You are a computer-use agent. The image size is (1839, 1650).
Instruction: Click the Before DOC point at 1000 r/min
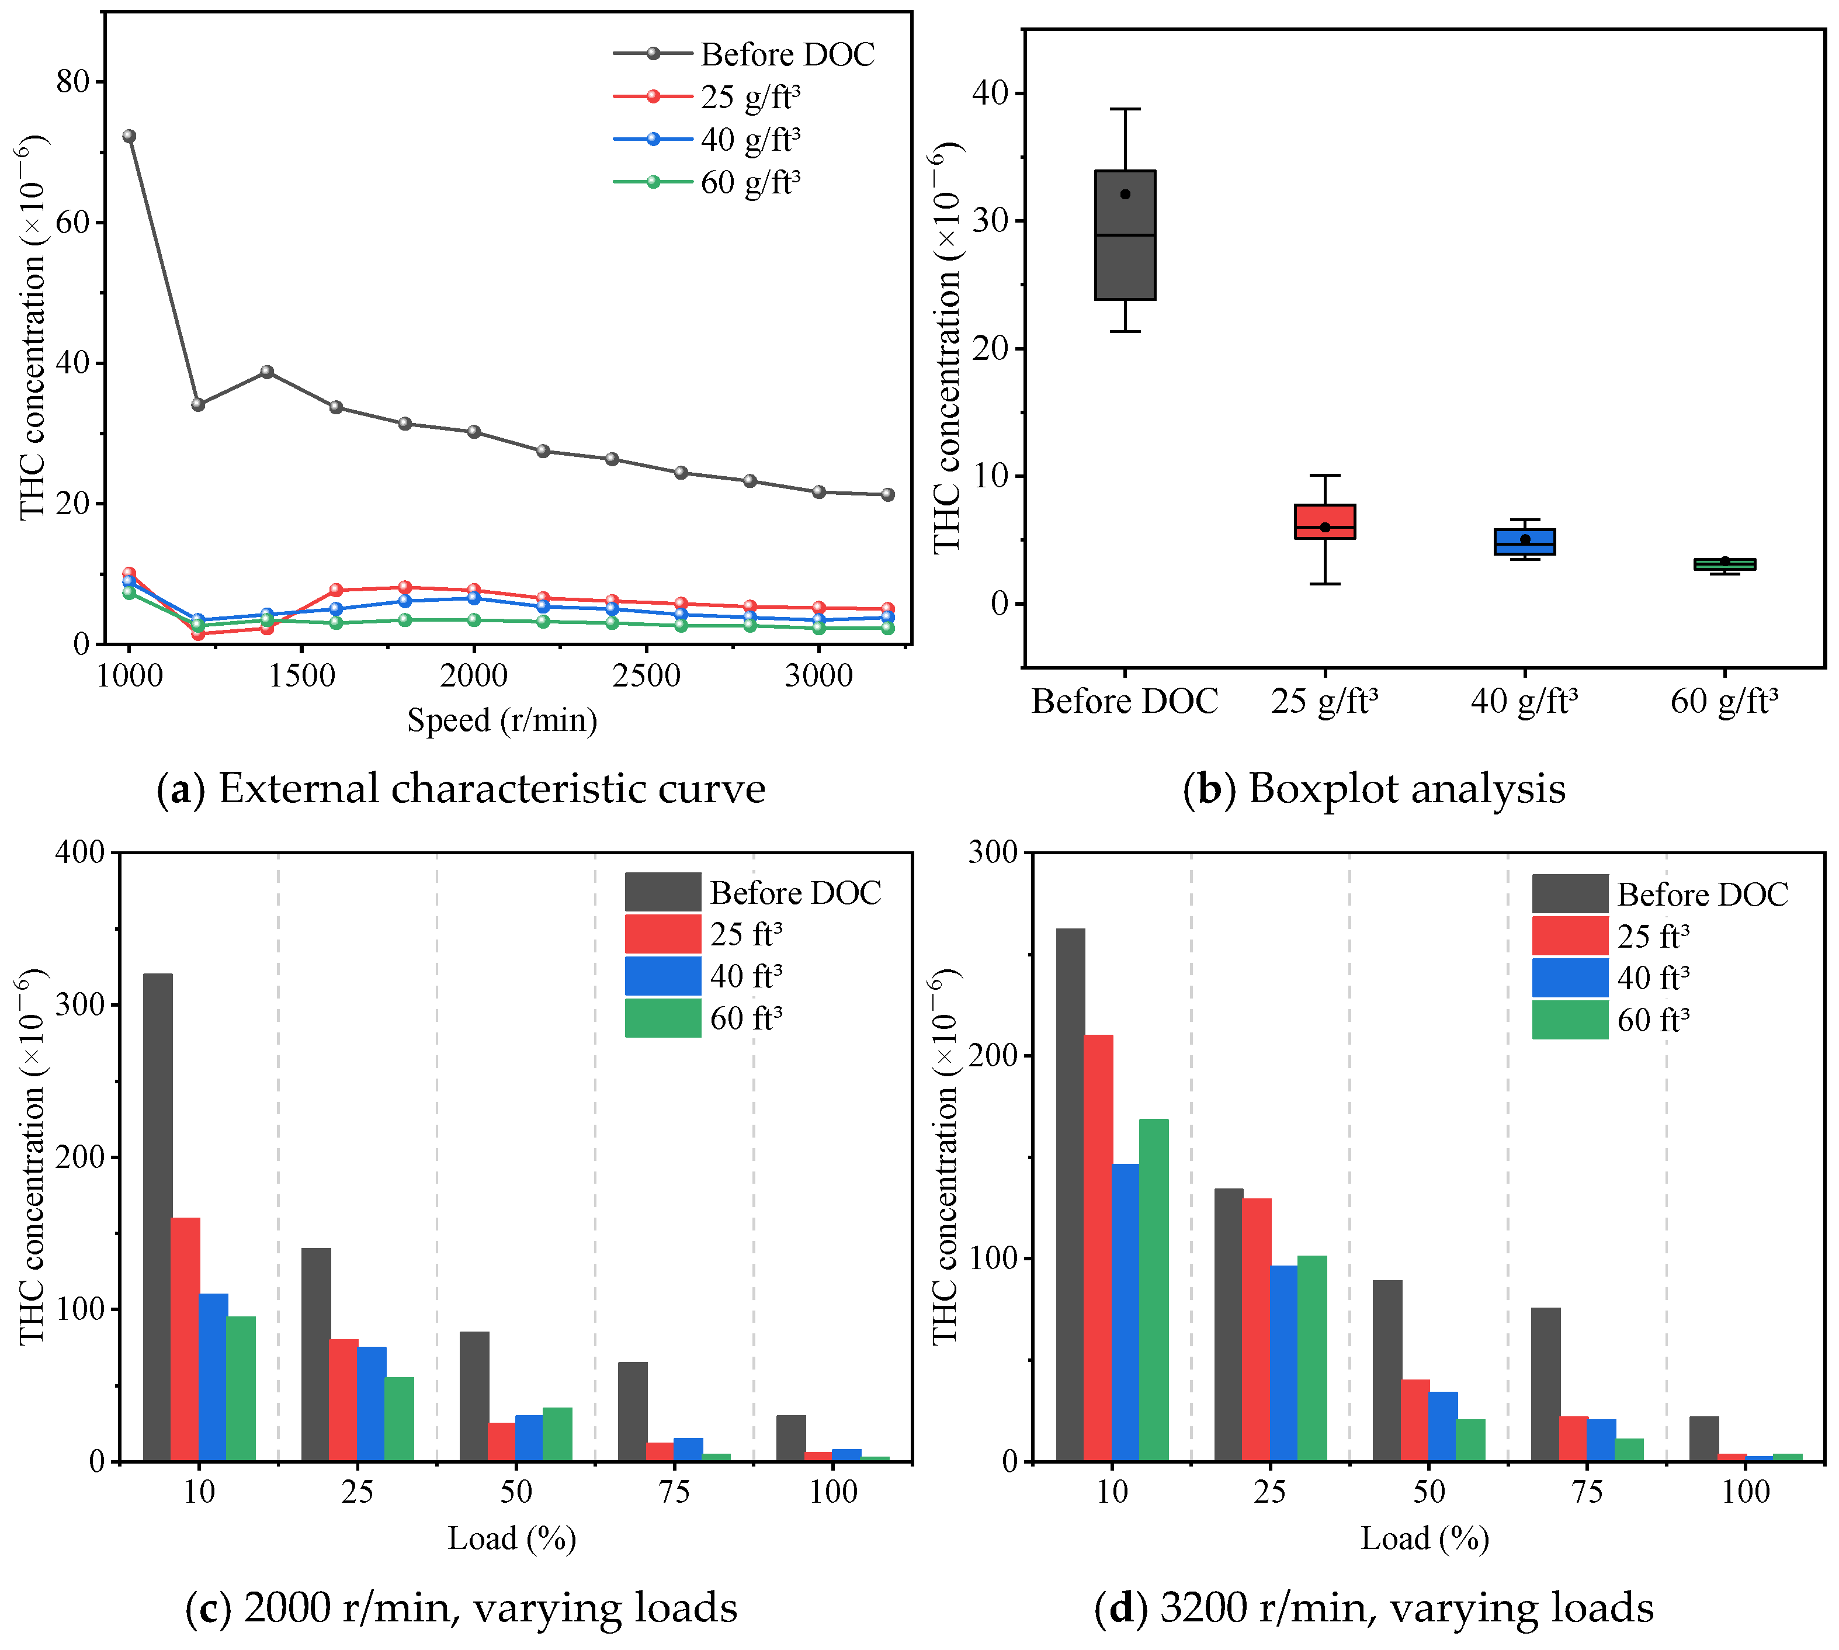pos(130,137)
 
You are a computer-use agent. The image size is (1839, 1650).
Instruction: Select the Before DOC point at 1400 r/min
pos(266,372)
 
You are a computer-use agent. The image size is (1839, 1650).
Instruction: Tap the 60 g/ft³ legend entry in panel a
pos(750,182)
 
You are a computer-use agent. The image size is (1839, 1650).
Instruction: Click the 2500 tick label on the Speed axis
pos(646,675)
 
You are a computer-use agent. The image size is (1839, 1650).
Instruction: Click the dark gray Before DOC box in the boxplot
pos(1125,235)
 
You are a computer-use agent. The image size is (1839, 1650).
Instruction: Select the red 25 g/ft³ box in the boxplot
pos(1324,521)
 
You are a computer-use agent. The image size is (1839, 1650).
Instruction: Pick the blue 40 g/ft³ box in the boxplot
pos(1525,541)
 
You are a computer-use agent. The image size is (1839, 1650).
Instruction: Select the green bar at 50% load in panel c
pos(557,1433)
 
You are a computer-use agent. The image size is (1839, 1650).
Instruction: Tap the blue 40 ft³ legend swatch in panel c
pos(662,976)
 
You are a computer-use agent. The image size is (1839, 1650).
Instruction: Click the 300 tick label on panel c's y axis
pos(80,1004)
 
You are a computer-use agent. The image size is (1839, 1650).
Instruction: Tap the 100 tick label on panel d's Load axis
pos(1745,1491)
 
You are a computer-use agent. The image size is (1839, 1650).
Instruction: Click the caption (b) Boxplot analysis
pos(1374,788)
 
